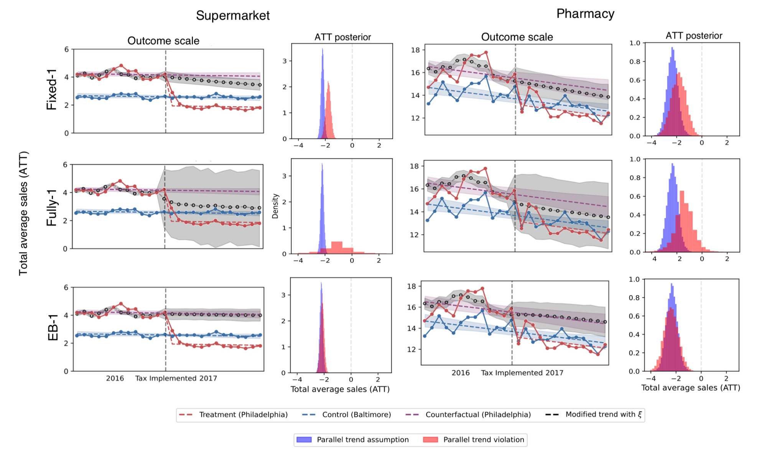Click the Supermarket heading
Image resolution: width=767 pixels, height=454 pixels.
pos(233,16)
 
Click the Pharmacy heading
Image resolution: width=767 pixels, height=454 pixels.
pos(585,14)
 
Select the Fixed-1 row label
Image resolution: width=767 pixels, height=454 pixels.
pos(52,90)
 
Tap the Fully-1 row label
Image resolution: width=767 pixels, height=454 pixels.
pos(52,208)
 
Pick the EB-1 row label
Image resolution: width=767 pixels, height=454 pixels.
pos(53,327)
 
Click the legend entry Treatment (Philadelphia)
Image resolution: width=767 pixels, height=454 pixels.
pos(243,415)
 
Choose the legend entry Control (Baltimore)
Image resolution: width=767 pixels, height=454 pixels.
pos(356,415)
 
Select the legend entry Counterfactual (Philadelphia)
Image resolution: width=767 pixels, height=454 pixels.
pos(478,415)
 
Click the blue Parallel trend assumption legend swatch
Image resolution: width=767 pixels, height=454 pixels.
pos(304,440)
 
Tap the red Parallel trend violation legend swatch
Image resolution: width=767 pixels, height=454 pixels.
pos(430,440)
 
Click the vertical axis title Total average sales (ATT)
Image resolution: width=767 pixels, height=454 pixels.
pos(24,213)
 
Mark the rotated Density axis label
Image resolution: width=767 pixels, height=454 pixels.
pos(275,206)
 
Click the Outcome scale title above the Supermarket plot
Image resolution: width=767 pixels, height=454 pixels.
pos(163,41)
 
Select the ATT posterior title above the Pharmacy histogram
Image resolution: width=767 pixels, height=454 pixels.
pos(694,36)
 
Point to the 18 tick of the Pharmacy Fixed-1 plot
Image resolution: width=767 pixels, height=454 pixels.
pos(415,50)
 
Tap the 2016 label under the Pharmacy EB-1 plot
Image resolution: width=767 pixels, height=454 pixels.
pos(460,373)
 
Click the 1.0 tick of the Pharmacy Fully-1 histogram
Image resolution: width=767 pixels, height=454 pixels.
pos(635,159)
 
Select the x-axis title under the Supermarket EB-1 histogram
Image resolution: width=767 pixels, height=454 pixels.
pos(340,390)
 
